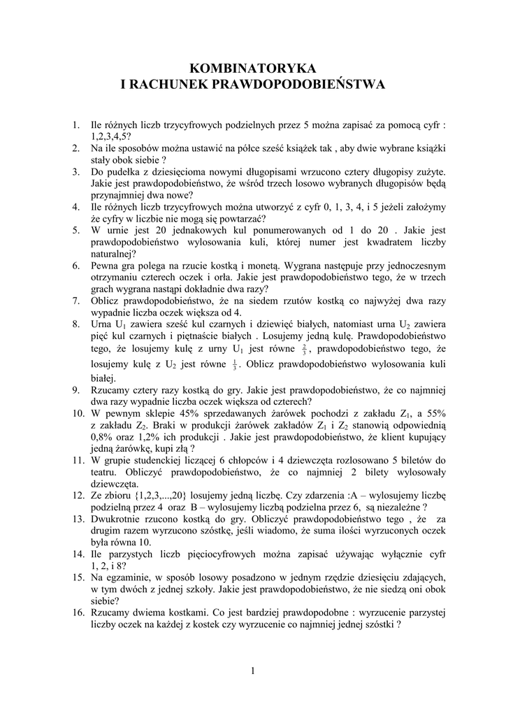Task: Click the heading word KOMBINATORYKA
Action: [253, 68]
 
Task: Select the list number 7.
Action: [75, 300]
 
